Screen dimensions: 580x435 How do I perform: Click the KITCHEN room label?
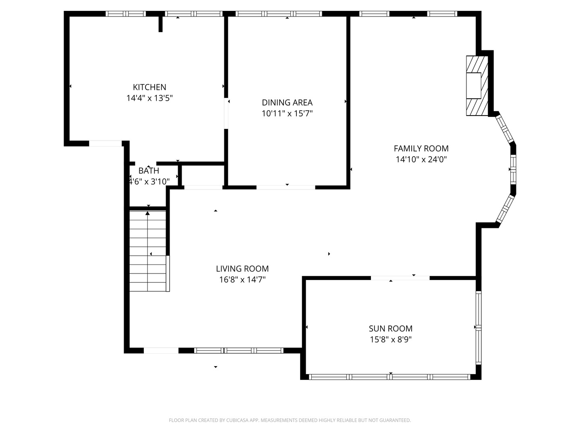[149, 87]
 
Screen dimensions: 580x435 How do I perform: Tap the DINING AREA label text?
[287, 102]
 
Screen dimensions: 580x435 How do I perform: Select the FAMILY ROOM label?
[421, 149]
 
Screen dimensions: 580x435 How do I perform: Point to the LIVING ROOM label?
[242, 269]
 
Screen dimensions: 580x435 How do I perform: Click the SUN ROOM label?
[391, 329]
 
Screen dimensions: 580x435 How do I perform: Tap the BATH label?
[149, 171]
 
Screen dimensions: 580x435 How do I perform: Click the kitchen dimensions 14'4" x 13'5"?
[149, 98]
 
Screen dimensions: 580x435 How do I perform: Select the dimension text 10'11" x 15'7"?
[287, 114]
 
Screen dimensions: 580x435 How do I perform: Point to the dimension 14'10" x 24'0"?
[421, 159]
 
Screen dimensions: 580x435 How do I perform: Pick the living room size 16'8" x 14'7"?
[242, 280]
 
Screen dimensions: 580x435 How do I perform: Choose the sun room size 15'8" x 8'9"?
[391, 340]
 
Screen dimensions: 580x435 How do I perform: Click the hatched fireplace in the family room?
[477, 85]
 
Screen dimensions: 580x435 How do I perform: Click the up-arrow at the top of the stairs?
[147, 213]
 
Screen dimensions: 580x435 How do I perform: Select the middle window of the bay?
[513, 169]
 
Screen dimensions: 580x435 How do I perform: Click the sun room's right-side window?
[478, 328]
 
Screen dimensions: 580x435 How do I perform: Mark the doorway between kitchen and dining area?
[226, 114]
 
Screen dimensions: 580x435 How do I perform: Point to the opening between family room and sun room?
[400, 278]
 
